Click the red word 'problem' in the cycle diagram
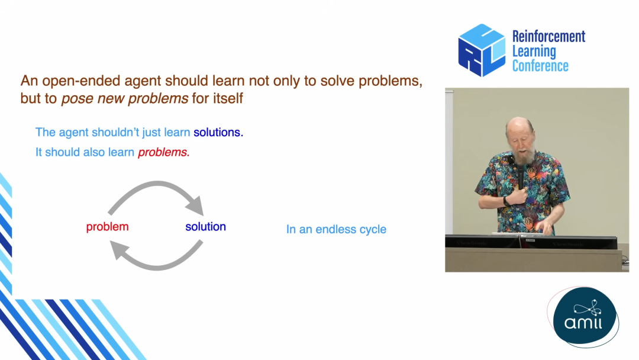coord(107,227)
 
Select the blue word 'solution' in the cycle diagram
coord(205,227)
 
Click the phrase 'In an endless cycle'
coord(336,230)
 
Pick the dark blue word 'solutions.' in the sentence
coord(218,133)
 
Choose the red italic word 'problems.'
coord(164,153)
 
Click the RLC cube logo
coord(482,50)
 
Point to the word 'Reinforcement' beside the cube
coord(548,37)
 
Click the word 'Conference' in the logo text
coord(540,66)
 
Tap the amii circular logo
coord(585,317)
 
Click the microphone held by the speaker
coord(521,175)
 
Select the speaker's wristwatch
coord(506,201)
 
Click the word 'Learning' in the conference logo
coord(534,52)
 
